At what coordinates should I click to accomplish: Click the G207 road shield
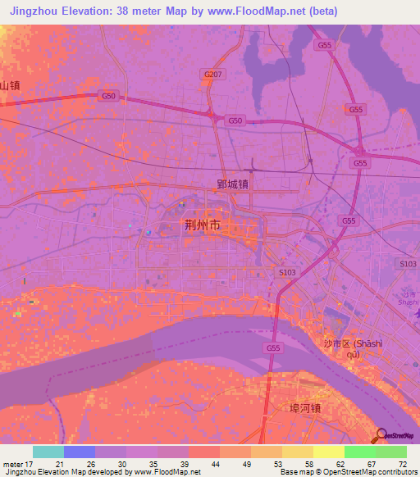(x=212, y=75)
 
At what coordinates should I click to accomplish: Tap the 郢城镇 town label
(x=233, y=184)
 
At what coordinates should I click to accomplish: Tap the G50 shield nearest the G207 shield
(x=235, y=120)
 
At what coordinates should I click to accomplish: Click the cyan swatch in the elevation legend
(x=48, y=452)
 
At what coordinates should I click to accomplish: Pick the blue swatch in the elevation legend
(x=80, y=452)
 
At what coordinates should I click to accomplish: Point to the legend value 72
(x=401, y=464)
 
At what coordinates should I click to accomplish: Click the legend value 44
(x=214, y=464)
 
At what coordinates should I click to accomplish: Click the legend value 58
(x=308, y=464)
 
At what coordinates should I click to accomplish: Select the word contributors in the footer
(x=395, y=472)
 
